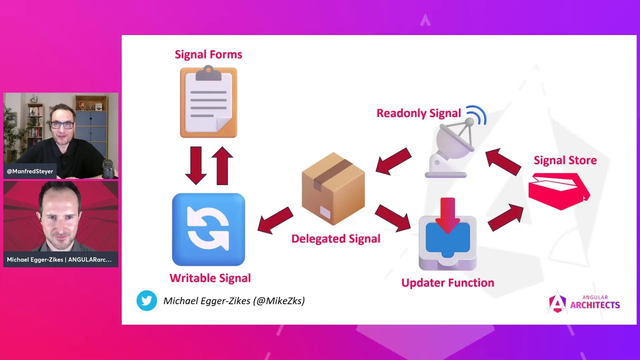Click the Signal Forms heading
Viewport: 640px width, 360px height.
point(208,54)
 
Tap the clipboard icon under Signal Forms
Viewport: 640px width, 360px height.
point(208,101)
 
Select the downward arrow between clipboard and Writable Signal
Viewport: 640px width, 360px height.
point(195,165)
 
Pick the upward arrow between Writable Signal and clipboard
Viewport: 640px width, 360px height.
point(222,165)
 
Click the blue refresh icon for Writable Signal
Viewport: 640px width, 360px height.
point(208,229)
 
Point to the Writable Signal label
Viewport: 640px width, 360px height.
point(210,278)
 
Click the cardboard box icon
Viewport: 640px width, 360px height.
point(333,189)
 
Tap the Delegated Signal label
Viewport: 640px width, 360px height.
point(335,238)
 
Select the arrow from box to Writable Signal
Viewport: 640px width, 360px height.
point(275,220)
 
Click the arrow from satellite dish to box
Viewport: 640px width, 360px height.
point(393,161)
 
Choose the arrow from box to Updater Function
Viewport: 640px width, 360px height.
point(393,218)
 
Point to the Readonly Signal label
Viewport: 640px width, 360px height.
point(418,113)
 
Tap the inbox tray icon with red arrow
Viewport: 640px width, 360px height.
point(447,234)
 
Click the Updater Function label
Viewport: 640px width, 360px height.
point(447,282)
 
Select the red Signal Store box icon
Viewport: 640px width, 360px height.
point(558,190)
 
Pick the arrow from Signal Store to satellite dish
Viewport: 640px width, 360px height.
point(503,162)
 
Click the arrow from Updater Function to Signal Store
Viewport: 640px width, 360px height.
point(505,217)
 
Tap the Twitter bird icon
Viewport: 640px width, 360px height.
point(146,300)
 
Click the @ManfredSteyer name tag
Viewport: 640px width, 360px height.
point(29,171)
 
